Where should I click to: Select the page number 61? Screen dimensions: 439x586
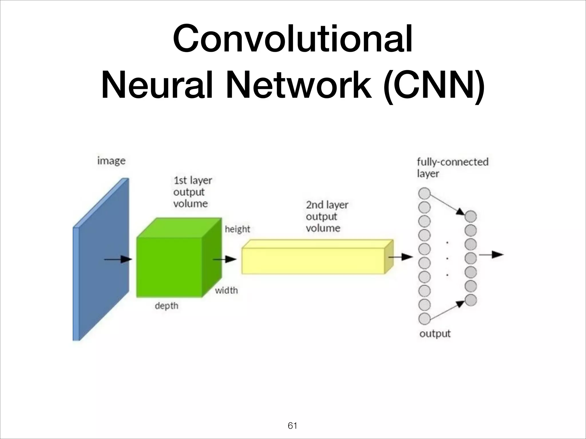pyautogui.click(x=292, y=426)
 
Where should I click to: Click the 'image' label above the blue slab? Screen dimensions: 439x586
pyautogui.click(x=111, y=161)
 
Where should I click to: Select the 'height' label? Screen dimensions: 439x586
pyautogui.click(x=237, y=229)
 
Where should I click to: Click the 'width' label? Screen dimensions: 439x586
pyautogui.click(x=226, y=290)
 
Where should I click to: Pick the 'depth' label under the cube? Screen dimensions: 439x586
pyautogui.click(x=167, y=306)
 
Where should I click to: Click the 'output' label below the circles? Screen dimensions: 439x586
pyautogui.click(x=435, y=334)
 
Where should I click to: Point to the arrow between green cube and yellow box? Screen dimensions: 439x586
pyautogui.click(x=225, y=259)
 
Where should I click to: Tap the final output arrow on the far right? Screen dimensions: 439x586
pyautogui.click(x=491, y=254)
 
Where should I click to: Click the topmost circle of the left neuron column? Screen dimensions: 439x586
pyautogui.click(x=424, y=193)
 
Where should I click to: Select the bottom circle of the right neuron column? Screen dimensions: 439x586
pyautogui.click(x=471, y=300)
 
